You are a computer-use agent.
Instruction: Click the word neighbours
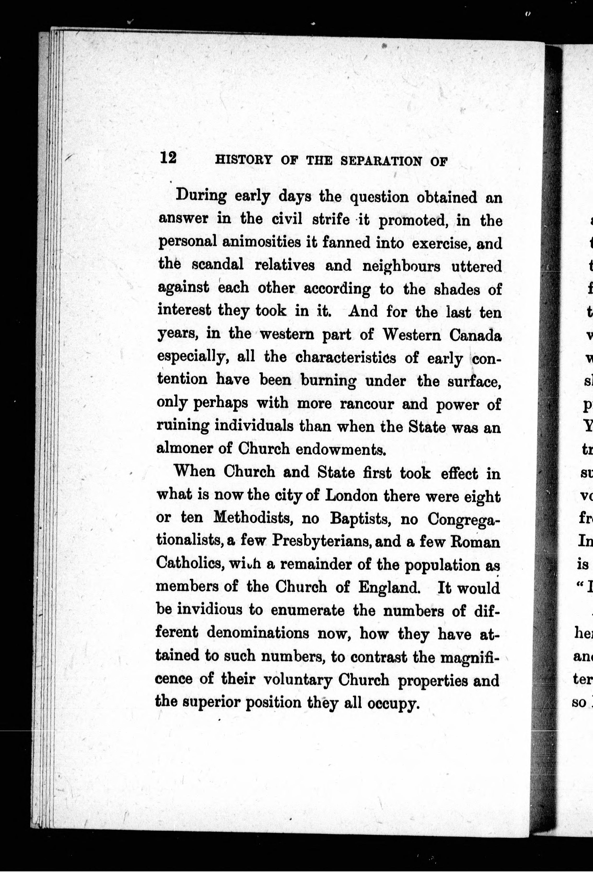click(401, 266)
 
